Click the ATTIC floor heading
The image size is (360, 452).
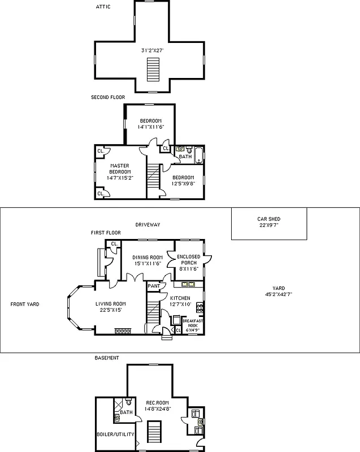pos(103,7)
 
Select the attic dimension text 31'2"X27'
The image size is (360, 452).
pos(151,50)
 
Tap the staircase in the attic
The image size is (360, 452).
pos(151,71)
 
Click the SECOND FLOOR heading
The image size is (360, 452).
pos(108,97)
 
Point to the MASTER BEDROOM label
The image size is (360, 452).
pos(120,168)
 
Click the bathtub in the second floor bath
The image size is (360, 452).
pos(199,155)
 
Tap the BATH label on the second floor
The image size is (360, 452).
pos(185,157)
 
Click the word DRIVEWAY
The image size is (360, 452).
pos(148,224)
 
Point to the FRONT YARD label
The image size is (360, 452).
pos(25,304)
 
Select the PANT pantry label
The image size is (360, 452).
pos(153,286)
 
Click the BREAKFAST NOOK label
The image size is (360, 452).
pos(192,323)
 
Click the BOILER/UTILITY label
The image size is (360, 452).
pos(115,434)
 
